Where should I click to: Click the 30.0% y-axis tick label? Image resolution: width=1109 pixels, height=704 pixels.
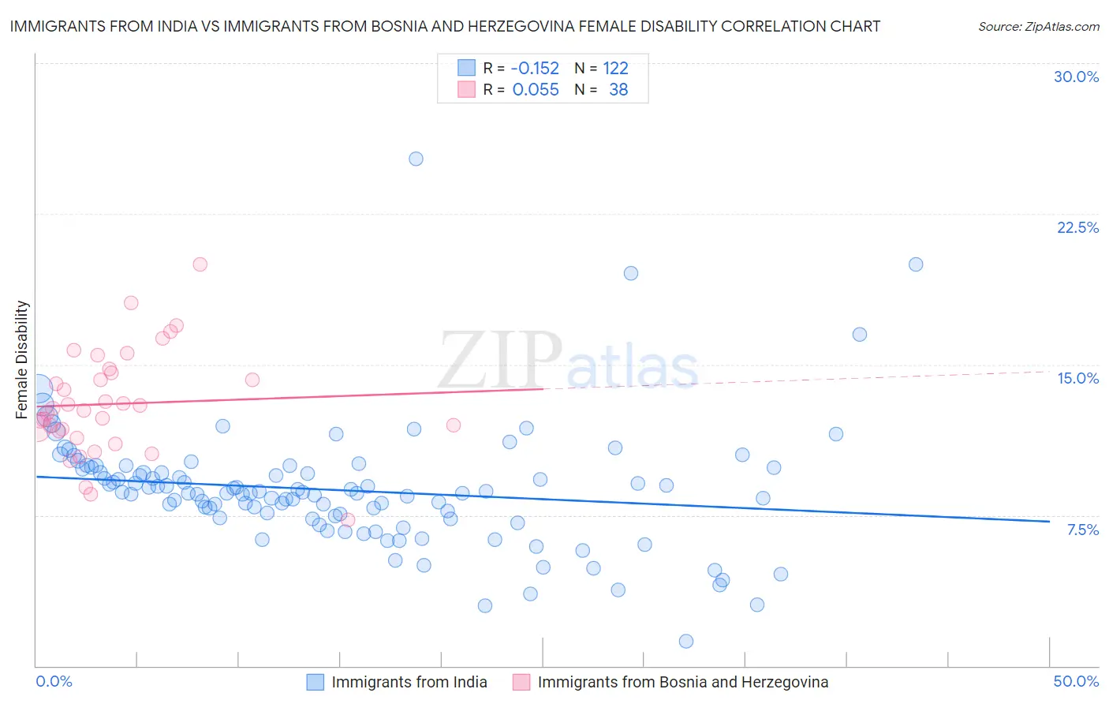[1076, 77]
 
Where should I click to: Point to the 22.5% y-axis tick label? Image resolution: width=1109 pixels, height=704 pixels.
[1077, 227]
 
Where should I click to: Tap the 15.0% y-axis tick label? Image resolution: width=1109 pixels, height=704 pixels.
[1077, 378]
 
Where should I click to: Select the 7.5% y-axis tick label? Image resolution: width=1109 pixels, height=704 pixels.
[1082, 530]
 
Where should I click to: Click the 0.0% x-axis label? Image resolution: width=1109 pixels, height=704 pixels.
[54, 681]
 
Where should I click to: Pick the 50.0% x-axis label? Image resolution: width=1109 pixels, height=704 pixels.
[1076, 681]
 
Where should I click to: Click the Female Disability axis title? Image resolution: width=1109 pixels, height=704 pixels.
[22, 359]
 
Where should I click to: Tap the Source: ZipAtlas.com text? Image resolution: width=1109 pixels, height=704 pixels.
[1038, 26]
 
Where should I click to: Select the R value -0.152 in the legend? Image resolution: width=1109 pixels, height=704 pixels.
[535, 68]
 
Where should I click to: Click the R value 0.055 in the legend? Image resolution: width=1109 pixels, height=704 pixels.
[535, 90]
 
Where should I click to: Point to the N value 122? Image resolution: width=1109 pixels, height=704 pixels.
[615, 68]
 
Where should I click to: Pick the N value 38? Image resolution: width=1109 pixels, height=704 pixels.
[618, 90]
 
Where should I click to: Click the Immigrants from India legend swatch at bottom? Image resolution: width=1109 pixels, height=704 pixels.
[316, 682]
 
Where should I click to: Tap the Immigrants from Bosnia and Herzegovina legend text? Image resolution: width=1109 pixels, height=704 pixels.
[682, 682]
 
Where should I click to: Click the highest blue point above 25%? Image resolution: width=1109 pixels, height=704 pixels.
[416, 159]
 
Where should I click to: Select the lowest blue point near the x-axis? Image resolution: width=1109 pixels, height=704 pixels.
[686, 641]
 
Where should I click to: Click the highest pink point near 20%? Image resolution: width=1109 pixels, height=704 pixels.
[200, 264]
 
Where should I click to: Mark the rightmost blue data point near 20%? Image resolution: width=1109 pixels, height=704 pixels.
[916, 264]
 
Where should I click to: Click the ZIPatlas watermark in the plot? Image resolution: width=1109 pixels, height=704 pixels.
[568, 361]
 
